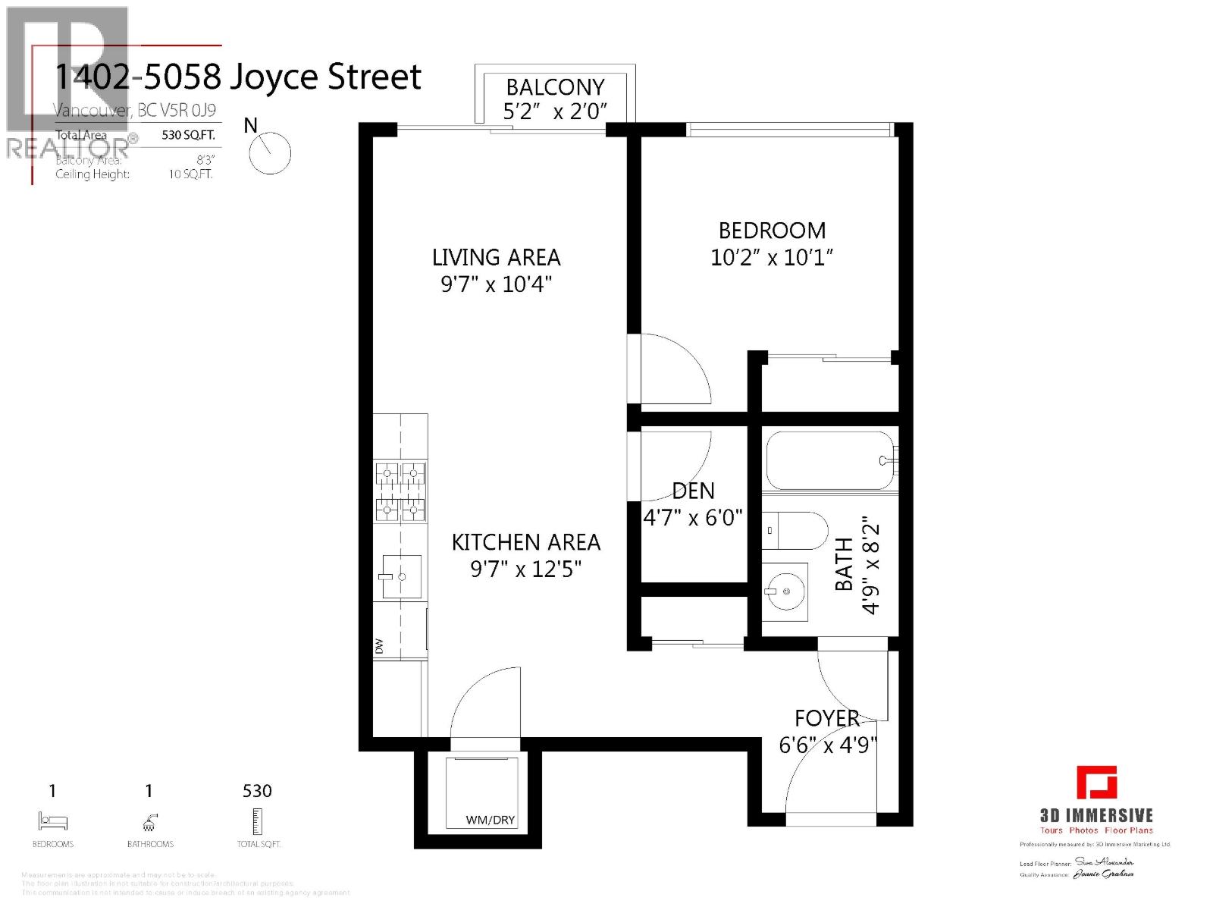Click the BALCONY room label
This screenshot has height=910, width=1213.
[555, 87]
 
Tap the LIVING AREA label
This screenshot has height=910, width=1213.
[497, 258]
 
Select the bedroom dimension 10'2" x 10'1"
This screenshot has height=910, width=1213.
[772, 258]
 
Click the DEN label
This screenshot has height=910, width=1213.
[693, 491]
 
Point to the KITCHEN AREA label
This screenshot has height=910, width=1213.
[526, 543]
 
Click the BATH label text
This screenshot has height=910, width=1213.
[844, 564]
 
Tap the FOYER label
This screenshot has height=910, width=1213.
[826, 718]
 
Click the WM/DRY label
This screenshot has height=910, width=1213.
[491, 820]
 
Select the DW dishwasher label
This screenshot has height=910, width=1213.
[379, 646]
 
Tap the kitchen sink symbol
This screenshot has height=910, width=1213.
[401, 576]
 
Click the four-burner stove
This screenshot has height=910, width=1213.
[400, 492]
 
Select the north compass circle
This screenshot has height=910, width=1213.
[270, 152]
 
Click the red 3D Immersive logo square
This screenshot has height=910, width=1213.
[1096, 783]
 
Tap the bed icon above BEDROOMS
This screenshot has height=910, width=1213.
[52, 821]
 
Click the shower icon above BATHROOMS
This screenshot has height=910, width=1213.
[150, 821]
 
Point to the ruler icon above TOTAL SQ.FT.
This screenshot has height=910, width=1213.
[258, 821]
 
